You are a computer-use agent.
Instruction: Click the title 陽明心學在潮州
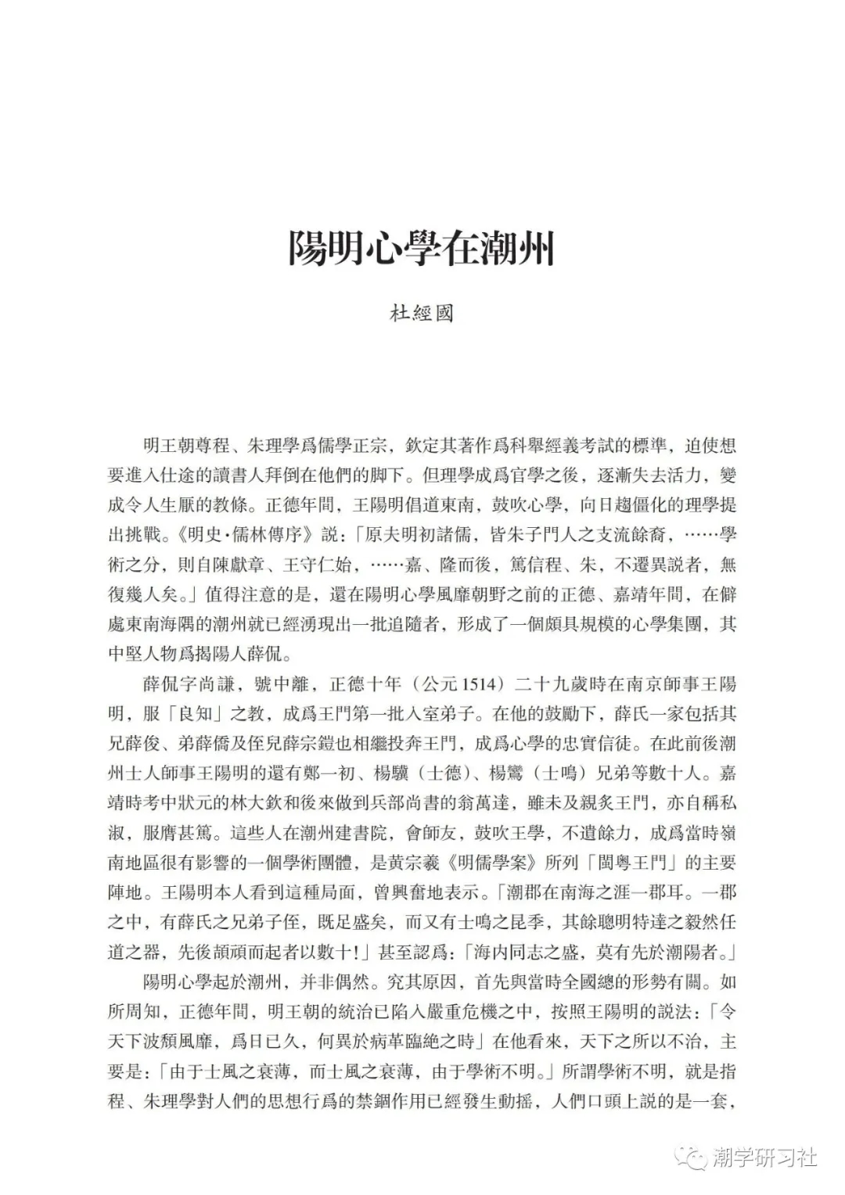[x=422, y=247]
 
